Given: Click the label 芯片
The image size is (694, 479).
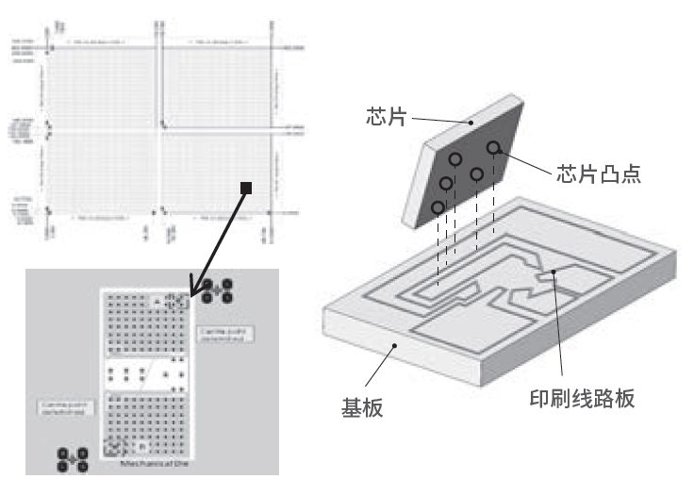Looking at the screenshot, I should (388, 117).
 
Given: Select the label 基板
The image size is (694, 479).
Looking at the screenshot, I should (361, 407).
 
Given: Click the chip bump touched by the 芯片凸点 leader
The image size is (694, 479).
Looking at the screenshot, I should (493, 148).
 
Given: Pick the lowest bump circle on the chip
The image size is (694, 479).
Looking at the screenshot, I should (438, 207).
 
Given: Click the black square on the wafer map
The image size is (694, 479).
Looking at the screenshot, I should (246, 189).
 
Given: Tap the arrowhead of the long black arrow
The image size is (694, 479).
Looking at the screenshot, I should (194, 289).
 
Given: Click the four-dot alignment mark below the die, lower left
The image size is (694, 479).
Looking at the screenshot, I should (72, 460).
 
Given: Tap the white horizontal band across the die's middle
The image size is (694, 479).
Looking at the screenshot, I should (145, 373).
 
